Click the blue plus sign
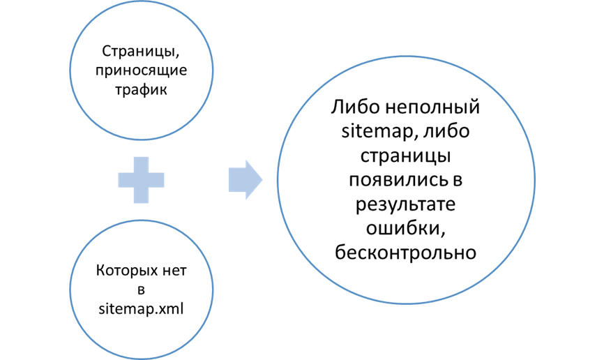(142, 180)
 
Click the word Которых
(119, 269)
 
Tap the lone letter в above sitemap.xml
(141, 289)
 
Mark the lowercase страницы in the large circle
(407, 156)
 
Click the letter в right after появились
(457, 180)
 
